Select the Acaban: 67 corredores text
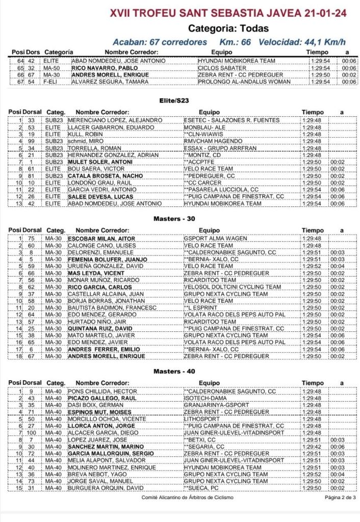point(160,42)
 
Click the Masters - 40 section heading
point(174,371)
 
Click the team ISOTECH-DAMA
point(205,398)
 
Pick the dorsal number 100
point(30,433)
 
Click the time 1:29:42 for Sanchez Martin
point(311,447)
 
